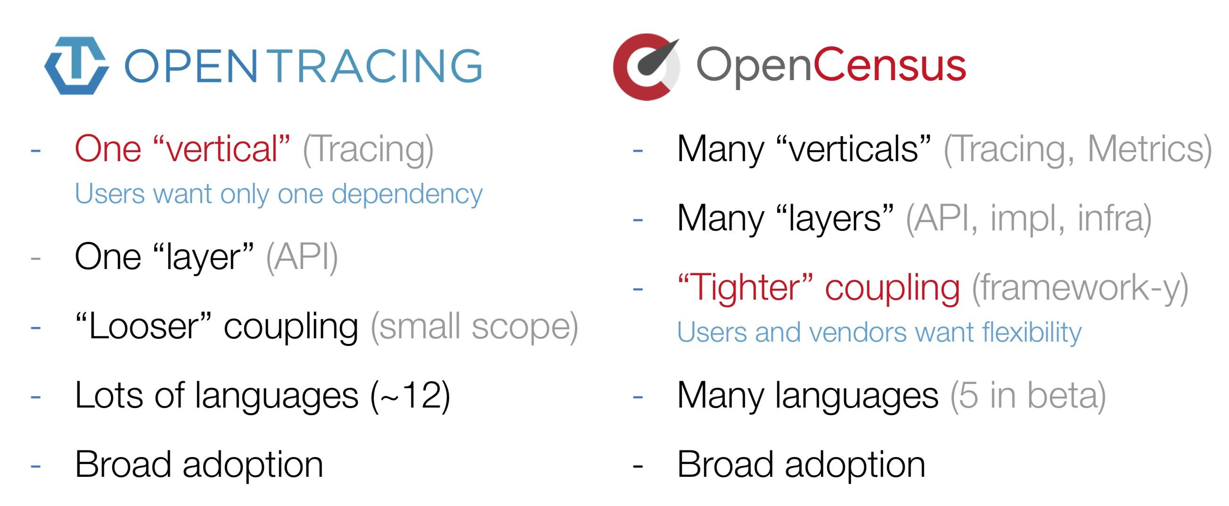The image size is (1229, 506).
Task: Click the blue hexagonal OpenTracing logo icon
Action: tap(76, 65)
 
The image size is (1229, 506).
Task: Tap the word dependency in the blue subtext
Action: tap(407, 194)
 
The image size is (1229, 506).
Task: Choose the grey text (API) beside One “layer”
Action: tap(302, 257)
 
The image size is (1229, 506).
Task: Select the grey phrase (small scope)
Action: tap(474, 326)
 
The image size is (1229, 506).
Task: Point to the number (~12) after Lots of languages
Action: tap(410, 395)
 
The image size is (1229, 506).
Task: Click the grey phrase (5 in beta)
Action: tap(1028, 395)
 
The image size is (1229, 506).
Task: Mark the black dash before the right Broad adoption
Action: tap(638, 465)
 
